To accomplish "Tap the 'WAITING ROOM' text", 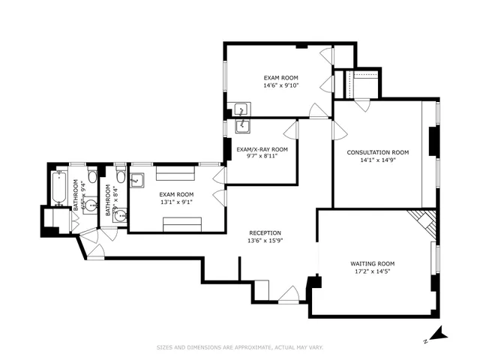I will [x=372, y=264].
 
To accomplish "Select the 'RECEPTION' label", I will [x=265, y=232].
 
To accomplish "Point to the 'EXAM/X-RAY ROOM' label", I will [x=262, y=149].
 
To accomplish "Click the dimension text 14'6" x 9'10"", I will [x=279, y=85].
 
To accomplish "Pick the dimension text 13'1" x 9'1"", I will [x=177, y=201].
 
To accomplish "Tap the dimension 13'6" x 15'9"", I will [x=265, y=241].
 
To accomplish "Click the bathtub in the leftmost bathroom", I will [x=58, y=188].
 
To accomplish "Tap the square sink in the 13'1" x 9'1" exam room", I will [x=137, y=181].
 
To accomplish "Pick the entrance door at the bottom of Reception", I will [x=289, y=295].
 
